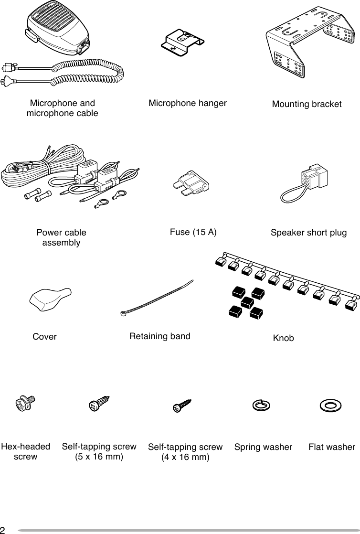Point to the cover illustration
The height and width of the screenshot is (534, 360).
[50, 299]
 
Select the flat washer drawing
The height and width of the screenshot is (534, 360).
[330, 406]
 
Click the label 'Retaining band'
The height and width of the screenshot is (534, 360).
[160, 336]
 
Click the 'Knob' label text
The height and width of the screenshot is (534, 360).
[283, 338]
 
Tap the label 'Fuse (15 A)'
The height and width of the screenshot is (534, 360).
[193, 233]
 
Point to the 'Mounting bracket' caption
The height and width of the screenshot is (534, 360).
[307, 104]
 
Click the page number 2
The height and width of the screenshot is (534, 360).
[3, 530]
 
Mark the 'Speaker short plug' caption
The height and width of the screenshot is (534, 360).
[308, 233]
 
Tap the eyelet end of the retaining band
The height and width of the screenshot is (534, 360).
[123, 314]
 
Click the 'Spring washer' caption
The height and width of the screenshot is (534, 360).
[263, 447]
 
